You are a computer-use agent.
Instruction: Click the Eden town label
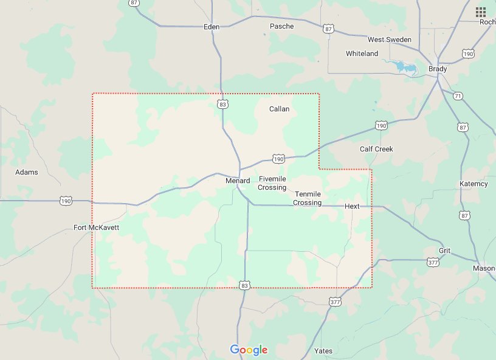[211, 27]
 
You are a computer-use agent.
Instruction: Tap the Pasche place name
[281, 26]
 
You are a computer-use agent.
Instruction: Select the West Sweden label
[390, 40]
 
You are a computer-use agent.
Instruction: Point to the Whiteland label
[362, 54]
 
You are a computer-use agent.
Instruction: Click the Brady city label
[438, 69]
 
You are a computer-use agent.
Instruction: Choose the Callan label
[279, 109]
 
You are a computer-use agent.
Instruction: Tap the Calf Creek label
[376, 149]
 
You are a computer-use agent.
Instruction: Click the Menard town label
[238, 181]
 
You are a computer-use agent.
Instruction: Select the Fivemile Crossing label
[272, 183]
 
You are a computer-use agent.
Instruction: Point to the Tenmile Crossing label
[307, 198]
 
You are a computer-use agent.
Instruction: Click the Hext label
[352, 206]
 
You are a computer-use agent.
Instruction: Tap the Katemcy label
[474, 184]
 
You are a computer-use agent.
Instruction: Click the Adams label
[27, 172]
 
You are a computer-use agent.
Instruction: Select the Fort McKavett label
[96, 227]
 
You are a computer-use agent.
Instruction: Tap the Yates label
[323, 351]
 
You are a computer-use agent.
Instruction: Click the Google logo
[249, 350]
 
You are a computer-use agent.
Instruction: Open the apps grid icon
[481, 12]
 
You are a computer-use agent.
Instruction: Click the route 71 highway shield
[458, 96]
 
